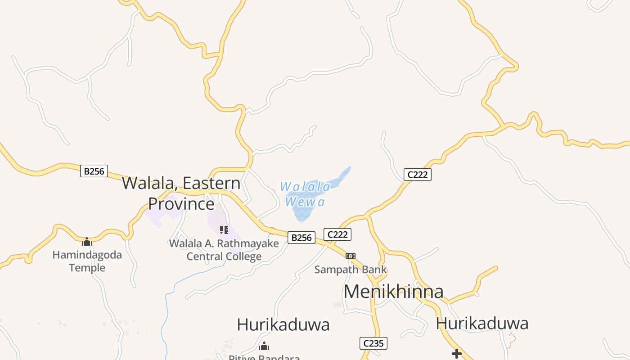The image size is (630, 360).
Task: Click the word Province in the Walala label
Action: click(181, 204)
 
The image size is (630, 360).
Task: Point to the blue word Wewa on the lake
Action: click(305, 202)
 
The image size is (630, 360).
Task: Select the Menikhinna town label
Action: click(393, 292)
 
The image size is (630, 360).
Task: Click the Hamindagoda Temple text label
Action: click(87, 261)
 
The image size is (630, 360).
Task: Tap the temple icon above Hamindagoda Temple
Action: click(87, 242)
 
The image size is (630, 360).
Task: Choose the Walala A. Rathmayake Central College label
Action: click(224, 250)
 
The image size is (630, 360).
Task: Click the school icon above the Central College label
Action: click(224, 230)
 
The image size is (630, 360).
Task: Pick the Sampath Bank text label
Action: click(350, 270)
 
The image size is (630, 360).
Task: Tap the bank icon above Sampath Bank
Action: click(351, 256)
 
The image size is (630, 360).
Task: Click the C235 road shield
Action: click(373, 343)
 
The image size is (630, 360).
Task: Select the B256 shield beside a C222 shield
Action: click(301, 237)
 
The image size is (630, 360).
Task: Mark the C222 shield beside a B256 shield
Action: click(337, 234)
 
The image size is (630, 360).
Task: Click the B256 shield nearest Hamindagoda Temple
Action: click(94, 171)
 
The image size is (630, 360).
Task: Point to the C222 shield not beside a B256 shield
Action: click(417, 175)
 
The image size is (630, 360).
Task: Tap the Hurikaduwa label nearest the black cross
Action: click(482, 324)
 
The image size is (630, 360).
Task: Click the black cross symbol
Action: click(457, 354)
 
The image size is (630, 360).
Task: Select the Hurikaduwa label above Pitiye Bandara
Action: click(283, 324)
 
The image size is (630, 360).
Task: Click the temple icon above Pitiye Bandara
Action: click(264, 346)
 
